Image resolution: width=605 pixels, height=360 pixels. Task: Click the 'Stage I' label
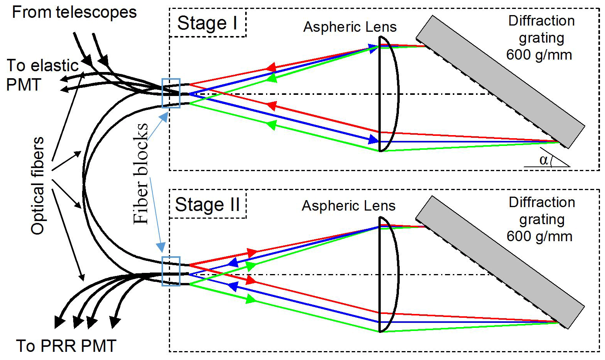(x=207, y=23)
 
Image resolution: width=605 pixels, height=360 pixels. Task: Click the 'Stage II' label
(x=207, y=204)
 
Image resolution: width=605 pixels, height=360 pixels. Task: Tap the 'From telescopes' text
(x=74, y=12)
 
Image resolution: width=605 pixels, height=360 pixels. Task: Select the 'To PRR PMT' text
(x=66, y=346)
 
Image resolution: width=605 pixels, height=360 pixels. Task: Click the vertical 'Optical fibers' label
(x=38, y=186)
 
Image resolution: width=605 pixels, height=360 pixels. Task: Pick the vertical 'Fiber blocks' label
(x=141, y=173)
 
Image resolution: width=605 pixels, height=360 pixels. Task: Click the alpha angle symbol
(x=544, y=159)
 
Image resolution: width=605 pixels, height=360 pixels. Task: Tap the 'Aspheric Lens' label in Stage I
(x=350, y=27)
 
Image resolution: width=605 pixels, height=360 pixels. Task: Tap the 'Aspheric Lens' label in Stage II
(x=349, y=206)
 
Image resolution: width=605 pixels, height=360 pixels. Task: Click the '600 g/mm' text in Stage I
(x=539, y=55)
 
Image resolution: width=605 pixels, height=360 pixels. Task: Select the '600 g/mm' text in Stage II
(x=540, y=236)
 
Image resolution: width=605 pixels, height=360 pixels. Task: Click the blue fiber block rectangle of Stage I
(x=171, y=93)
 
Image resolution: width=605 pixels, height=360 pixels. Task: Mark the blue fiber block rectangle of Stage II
(x=171, y=271)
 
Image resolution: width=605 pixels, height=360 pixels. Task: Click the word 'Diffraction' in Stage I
(x=541, y=21)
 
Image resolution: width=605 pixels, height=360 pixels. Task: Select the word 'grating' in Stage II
(x=541, y=219)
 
